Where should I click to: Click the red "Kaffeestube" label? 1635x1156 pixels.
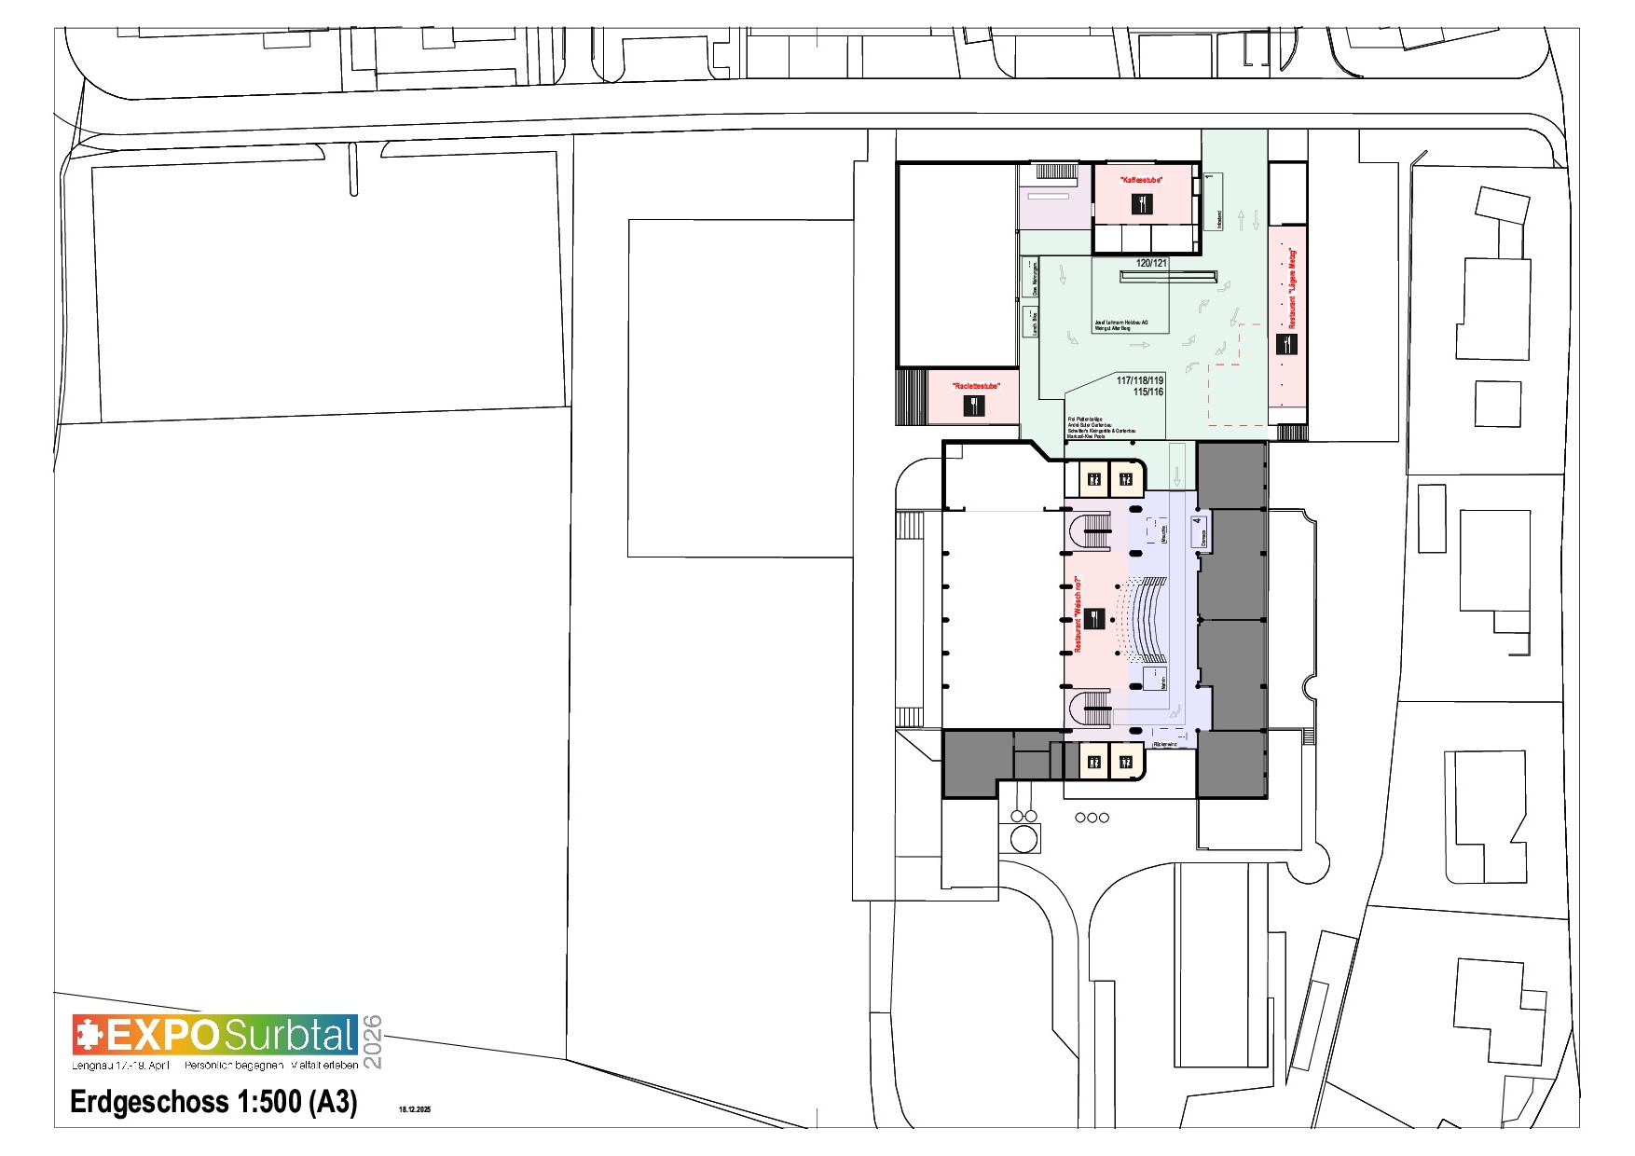pyautogui.click(x=1141, y=179)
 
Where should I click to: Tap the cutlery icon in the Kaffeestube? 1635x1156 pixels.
pyautogui.click(x=1142, y=203)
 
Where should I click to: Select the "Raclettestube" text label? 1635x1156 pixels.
pyautogui.click(x=975, y=386)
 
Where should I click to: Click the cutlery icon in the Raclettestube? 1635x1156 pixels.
pyautogui.click(x=973, y=406)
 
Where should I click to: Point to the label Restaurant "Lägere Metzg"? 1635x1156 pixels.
pyautogui.click(x=1292, y=287)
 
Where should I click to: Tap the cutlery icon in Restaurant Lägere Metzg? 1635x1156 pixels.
pyautogui.click(x=1286, y=344)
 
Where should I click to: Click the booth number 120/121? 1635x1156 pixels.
pyautogui.click(x=1151, y=263)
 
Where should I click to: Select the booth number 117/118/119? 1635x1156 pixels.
pyautogui.click(x=1140, y=380)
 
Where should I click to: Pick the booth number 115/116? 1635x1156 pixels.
pyautogui.click(x=1147, y=392)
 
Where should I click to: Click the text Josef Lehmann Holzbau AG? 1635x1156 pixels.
pyautogui.click(x=1121, y=323)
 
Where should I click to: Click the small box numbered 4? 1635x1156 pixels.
pyautogui.click(x=1200, y=531)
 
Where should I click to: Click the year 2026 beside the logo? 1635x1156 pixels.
pyautogui.click(x=372, y=1041)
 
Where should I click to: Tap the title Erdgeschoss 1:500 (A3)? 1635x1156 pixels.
pyautogui.click(x=213, y=1102)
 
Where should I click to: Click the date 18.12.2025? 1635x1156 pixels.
pyautogui.click(x=415, y=1109)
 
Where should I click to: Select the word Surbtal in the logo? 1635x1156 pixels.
pyautogui.click(x=289, y=1036)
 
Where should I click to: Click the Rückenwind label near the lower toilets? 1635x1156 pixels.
pyautogui.click(x=1165, y=744)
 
